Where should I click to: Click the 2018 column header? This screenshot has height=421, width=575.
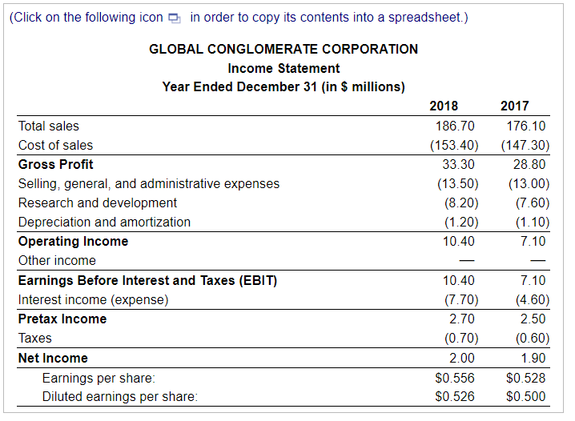(444, 106)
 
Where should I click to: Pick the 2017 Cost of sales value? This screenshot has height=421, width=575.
(525, 145)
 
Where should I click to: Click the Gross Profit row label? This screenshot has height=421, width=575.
(55, 164)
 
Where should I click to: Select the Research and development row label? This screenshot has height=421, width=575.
(98, 202)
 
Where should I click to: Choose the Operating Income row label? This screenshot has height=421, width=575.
(73, 241)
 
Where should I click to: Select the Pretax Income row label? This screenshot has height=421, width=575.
(62, 319)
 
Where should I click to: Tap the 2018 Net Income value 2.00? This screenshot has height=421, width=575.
(462, 358)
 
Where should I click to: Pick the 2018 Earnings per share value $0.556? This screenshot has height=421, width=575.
(454, 377)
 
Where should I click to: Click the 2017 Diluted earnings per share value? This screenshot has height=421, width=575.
(526, 396)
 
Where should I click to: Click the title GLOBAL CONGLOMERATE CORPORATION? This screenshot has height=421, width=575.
(283, 49)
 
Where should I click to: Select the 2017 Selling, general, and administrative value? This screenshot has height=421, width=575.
(526, 183)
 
